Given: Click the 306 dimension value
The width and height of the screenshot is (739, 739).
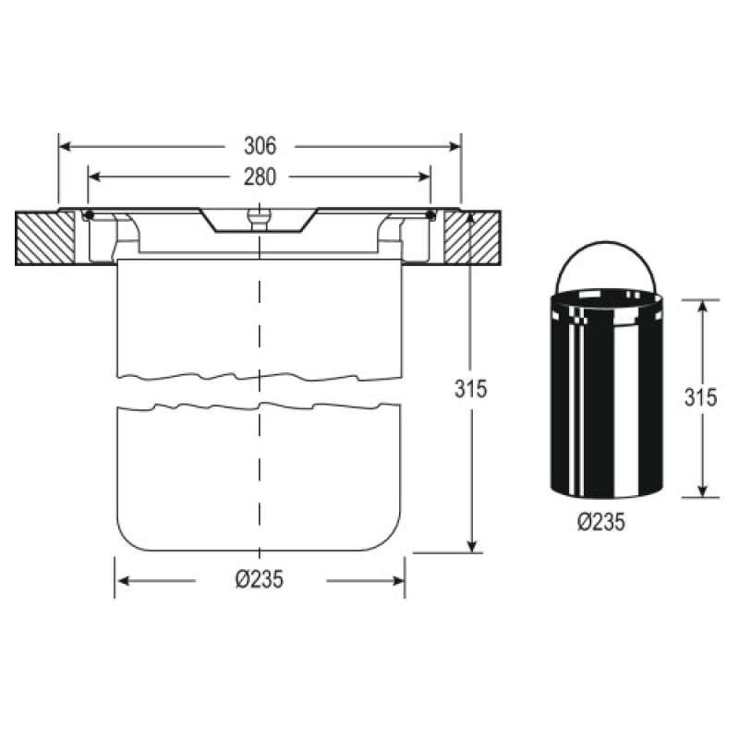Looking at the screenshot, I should pos(260,146).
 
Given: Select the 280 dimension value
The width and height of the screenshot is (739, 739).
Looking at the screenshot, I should pos(260,176).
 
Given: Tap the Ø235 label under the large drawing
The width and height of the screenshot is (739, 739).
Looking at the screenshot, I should pos(259,580).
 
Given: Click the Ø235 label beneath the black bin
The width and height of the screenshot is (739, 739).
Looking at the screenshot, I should pos(601,522).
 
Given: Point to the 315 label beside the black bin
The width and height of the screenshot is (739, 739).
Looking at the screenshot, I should pos(701,397).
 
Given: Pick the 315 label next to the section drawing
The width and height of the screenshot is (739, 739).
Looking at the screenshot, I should pos(471,389).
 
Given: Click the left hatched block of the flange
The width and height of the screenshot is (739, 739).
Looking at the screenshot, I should pos(44,239).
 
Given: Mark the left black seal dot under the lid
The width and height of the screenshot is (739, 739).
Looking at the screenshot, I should pos(89,216).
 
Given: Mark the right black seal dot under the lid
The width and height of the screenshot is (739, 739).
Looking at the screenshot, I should pos(430,216).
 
